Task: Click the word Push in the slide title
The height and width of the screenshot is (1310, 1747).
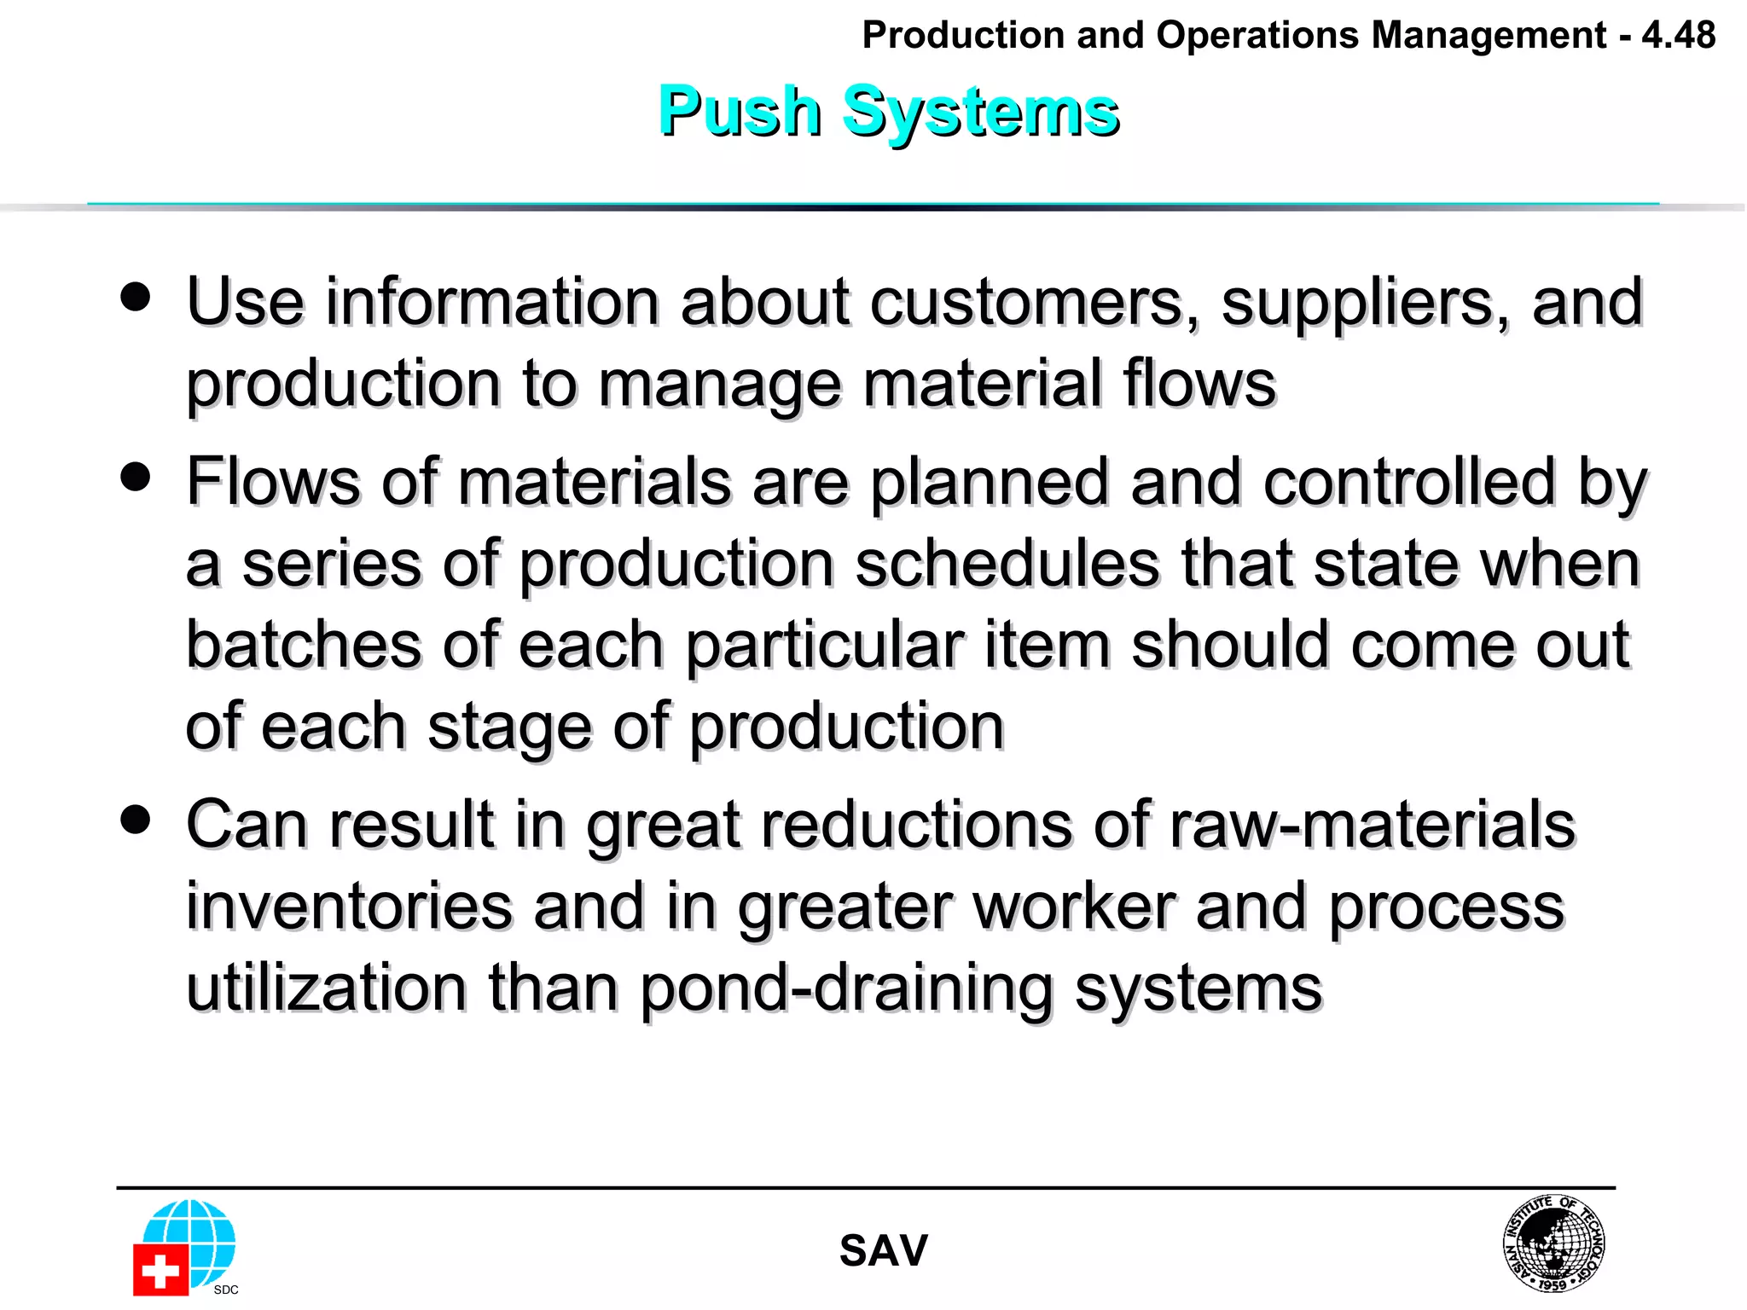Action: (x=739, y=112)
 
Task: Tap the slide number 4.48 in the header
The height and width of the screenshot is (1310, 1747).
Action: (x=1678, y=35)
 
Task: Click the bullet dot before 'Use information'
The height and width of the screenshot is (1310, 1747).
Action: (x=136, y=297)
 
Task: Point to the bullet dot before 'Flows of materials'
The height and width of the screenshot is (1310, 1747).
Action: (x=136, y=476)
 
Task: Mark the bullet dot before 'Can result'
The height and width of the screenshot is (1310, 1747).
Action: (x=136, y=820)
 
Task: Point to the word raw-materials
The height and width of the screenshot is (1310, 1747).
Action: (x=1372, y=825)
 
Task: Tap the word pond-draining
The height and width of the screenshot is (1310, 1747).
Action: (x=846, y=988)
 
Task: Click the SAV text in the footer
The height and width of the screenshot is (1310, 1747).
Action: (x=883, y=1250)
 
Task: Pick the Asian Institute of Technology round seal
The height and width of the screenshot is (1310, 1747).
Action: (x=1553, y=1243)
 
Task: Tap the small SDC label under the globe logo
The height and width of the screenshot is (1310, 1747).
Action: (x=226, y=1290)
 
